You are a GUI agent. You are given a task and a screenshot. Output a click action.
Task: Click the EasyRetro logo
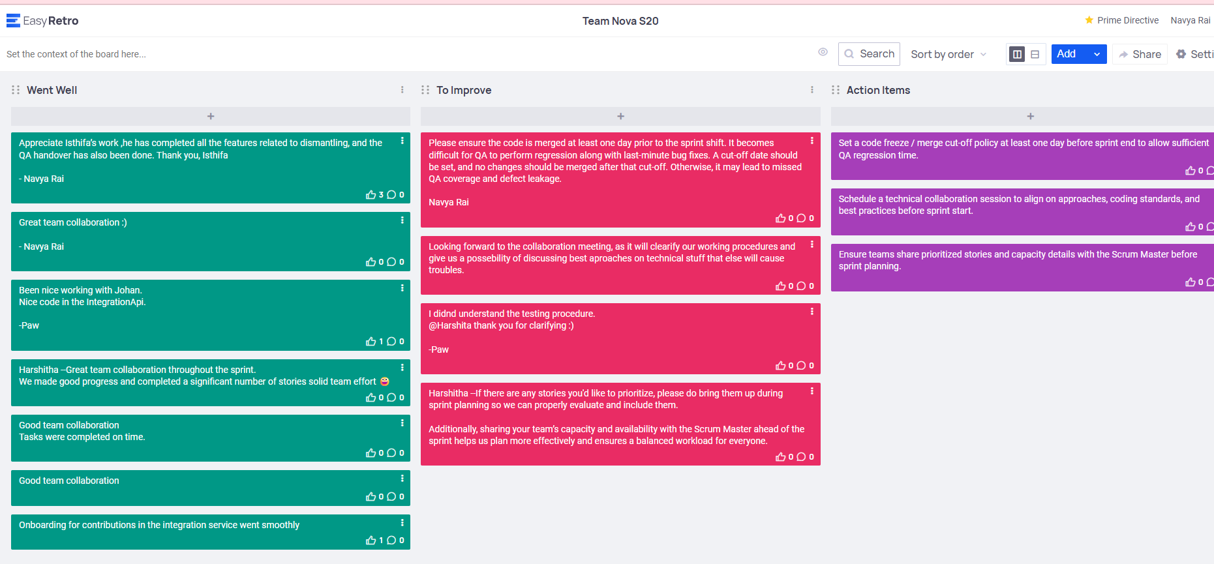coord(42,21)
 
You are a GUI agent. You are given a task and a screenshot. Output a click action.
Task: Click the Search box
coord(869,54)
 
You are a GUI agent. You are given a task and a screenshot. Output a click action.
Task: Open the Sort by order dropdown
coord(948,54)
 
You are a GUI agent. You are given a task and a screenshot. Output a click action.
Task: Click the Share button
coord(1140,54)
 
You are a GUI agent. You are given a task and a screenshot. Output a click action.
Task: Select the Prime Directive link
coord(1122,20)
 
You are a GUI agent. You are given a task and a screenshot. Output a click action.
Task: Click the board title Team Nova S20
coord(620,21)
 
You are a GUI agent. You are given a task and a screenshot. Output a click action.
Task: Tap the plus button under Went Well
coord(211,116)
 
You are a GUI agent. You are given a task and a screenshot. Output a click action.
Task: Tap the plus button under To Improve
coord(620,116)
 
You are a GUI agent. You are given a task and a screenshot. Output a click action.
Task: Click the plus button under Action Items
coord(1030,116)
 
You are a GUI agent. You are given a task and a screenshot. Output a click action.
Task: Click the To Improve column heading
coord(464,90)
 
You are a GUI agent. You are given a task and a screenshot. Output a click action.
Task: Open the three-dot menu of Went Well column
coord(402,90)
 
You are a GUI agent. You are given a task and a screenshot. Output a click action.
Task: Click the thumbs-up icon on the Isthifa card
coord(371,194)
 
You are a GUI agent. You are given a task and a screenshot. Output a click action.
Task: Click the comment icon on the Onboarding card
coord(391,540)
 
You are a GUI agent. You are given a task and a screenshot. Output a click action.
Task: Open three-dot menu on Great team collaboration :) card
coord(402,220)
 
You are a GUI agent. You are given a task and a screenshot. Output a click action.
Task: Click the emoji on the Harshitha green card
coord(385,381)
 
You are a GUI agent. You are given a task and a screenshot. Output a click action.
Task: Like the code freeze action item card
coord(1190,170)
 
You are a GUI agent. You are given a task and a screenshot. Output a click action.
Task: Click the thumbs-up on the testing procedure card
coord(780,365)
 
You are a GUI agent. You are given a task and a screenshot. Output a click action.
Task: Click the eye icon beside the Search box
coord(823,52)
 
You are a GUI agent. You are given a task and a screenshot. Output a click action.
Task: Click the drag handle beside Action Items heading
coord(836,90)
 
